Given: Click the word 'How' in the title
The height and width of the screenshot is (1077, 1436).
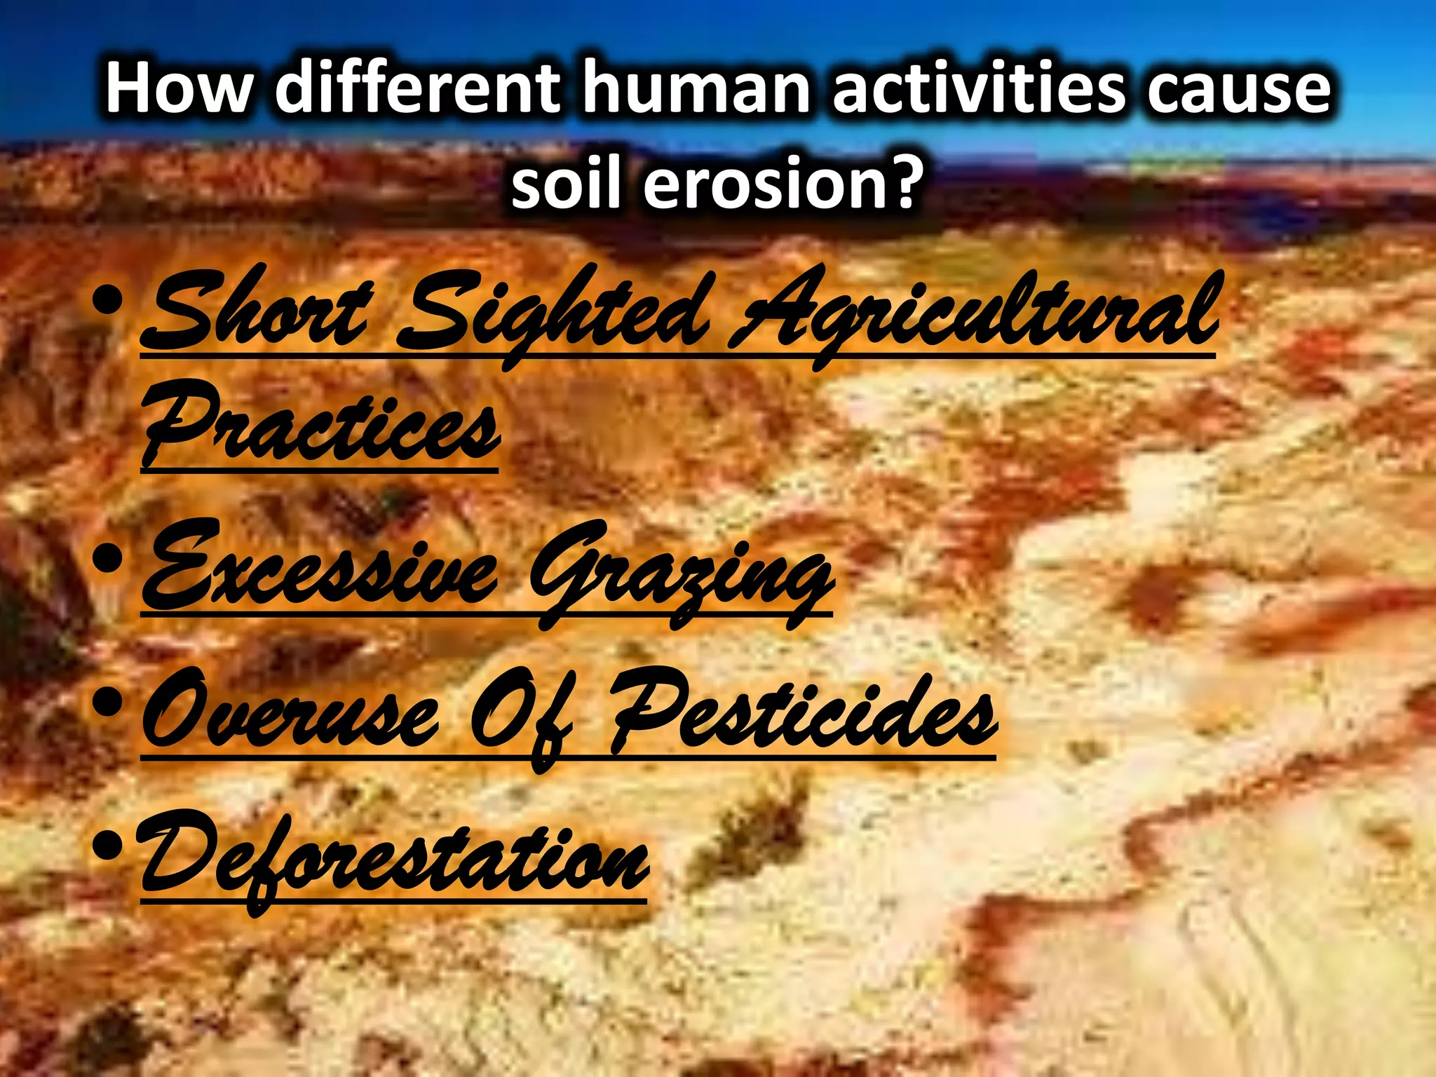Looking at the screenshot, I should [x=179, y=90].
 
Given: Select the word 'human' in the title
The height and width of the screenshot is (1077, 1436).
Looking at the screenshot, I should [x=698, y=90].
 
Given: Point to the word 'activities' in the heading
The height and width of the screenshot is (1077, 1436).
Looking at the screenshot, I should [x=978, y=88].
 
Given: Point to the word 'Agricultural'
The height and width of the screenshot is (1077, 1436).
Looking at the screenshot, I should [x=975, y=316].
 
